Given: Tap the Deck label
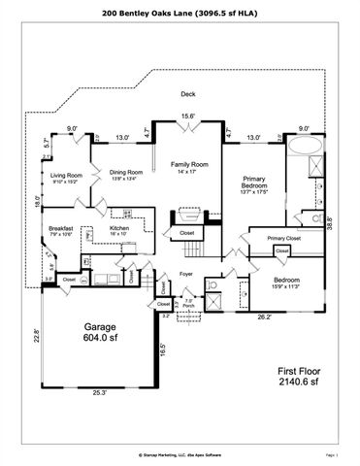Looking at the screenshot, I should point(188,94).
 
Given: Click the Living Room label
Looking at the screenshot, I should point(67,178).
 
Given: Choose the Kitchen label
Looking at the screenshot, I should point(120,232).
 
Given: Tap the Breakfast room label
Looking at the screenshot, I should point(61,231).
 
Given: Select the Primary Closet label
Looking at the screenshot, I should point(284,238).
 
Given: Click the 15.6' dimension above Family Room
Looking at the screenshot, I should point(188,118).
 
